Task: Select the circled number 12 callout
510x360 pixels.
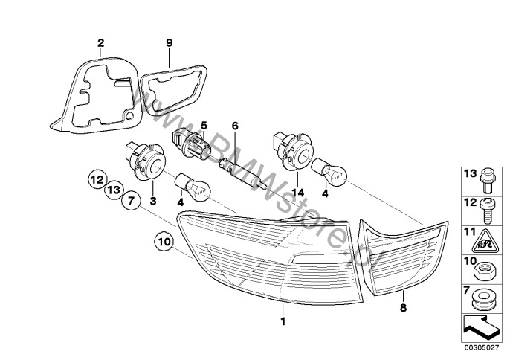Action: (97, 179)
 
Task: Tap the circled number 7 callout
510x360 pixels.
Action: (129, 201)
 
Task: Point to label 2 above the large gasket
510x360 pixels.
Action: (101, 44)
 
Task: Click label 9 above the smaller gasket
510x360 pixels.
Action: (169, 43)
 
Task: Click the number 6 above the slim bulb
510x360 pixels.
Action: (234, 127)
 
